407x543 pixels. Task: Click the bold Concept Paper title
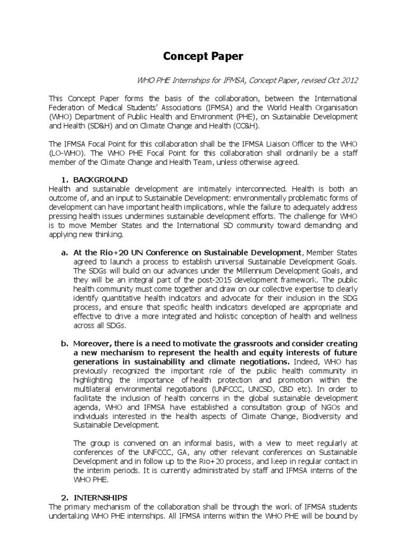(203, 57)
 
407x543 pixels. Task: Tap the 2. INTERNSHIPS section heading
(99, 497)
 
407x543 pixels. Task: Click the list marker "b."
(65, 344)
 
